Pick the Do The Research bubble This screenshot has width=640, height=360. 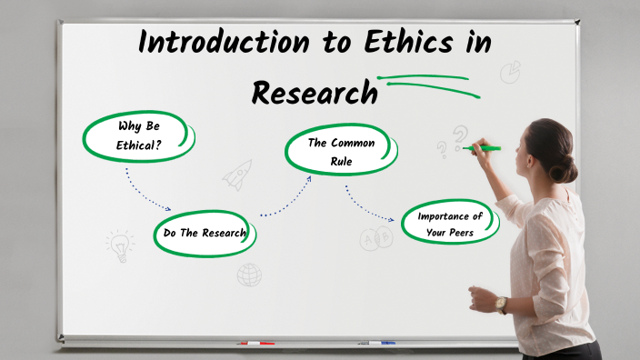click(x=205, y=233)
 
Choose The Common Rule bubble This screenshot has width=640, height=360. click(x=341, y=152)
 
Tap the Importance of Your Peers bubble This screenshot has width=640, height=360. click(x=451, y=223)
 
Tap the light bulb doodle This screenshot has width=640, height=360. click(x=119, y=245)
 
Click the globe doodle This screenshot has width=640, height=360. click(x=249, y=274)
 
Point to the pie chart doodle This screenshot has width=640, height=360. click(x=511, y=71)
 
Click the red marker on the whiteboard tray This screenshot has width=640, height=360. click(x=255, y=344)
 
